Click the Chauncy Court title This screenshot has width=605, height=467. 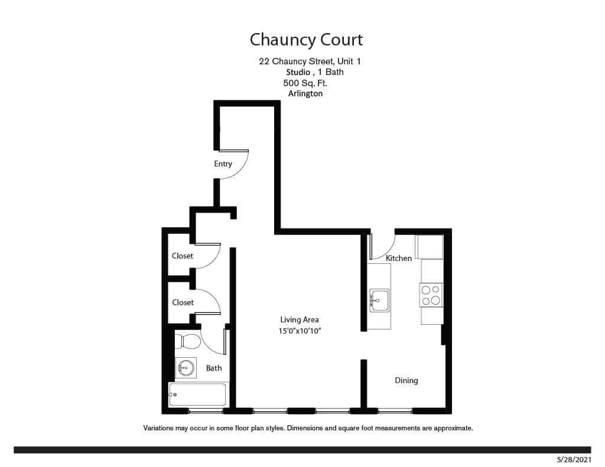click(x=305, y=40)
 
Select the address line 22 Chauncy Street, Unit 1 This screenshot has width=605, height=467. click(x=309, y=61)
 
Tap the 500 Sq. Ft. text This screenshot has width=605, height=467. click(x=305, y=83)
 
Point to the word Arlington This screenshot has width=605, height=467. click(x=305, y=93)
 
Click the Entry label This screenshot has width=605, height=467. click(x=223, y=164)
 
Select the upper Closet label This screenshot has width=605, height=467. click(x=183, y=256)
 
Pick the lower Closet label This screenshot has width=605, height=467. click(x=183, y=302)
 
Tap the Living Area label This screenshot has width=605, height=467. click(x=300, y=319)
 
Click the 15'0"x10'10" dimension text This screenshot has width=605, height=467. click(x=300, y=331)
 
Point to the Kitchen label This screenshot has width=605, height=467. click(x=399, y=258)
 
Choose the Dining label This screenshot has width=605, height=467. click(x=406, y=380)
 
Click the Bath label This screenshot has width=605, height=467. click(x=214, y=368)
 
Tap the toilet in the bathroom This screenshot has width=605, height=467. click(x=188, y=341)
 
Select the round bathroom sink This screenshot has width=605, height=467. click(x=185, y=368)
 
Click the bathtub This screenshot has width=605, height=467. click(x=197, y=394)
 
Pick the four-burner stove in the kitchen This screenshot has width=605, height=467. click(x=431, y=295)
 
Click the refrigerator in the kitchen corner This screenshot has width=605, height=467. click(x=430, y=247)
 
